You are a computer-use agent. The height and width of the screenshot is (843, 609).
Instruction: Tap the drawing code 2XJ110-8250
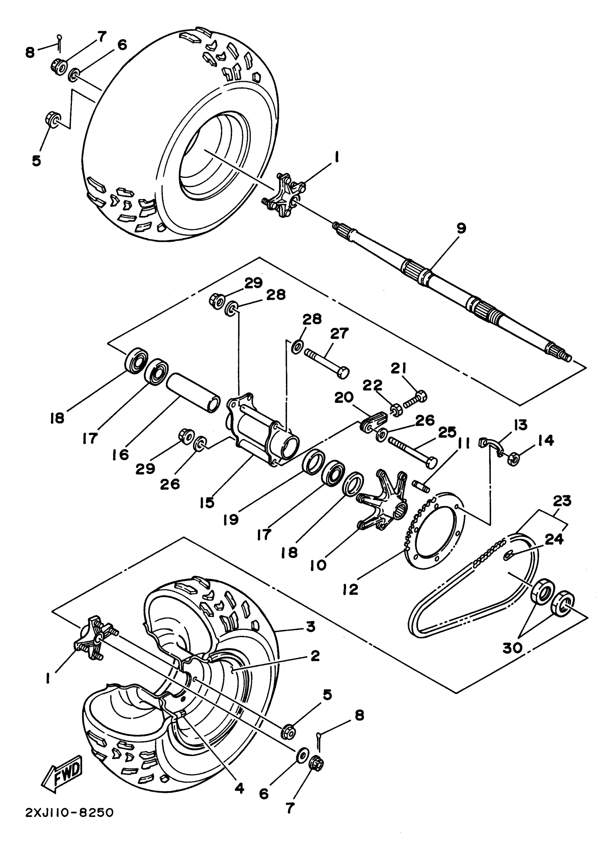pos(69,823)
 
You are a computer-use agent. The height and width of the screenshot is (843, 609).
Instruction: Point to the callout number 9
pos(461,228)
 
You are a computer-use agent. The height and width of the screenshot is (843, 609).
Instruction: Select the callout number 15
pos(207,502)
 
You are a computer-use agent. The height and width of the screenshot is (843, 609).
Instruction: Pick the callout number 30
pos(513,648)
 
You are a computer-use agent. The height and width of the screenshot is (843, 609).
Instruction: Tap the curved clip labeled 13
pos(491,444)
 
